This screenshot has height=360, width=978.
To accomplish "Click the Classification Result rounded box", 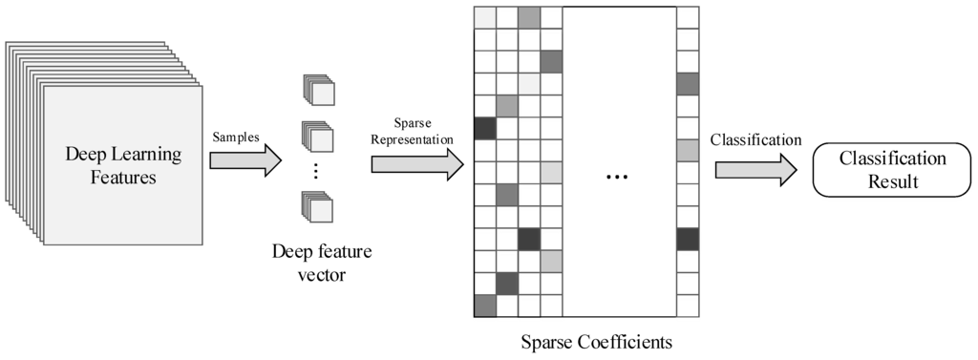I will [x=891, y=169].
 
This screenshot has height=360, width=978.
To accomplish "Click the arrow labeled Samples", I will [x=244, y=159].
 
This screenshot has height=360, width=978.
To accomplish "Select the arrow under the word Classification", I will [x=755, y=169].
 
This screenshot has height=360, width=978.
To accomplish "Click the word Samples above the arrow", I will [x=236, y=137].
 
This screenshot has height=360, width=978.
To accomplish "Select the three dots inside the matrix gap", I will [x=618, y=177].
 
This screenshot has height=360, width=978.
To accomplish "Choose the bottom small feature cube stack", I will [x=318, y=208].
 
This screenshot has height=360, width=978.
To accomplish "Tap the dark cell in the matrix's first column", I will [x=485, y=128].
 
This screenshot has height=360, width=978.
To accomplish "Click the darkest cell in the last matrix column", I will [x=688, y=239].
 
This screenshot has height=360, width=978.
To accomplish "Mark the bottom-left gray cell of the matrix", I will [x=485, y=306].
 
